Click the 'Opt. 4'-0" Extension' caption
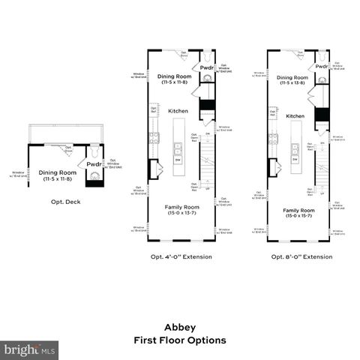(181, 256)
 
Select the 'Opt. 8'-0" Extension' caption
(301, 256)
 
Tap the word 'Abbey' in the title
(180, 327)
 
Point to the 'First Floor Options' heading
(180, 340)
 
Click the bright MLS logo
(30, 349)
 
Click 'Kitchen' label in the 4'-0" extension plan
(178, 110)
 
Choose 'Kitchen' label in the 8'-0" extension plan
(295, 116)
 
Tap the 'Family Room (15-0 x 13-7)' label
(181, 209)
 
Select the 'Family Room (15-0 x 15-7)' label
(298, 214)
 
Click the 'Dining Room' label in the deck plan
(55, 175)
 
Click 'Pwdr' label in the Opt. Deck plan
(94, 163)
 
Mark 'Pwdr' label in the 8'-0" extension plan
(321, 66)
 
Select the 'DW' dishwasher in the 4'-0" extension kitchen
(178, 159)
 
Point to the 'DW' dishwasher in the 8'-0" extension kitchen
(295, 159)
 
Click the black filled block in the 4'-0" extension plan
(207, 106)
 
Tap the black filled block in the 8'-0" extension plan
(322, 113)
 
